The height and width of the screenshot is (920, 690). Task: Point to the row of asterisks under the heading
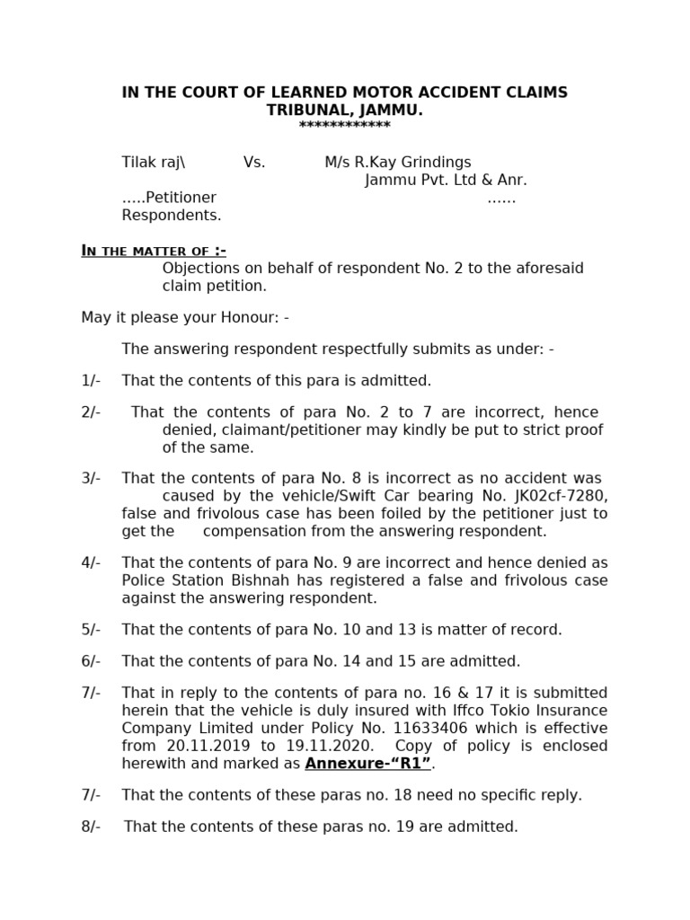click(x=345, y=125)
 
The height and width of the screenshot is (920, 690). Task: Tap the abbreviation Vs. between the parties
click(x=254, y=163)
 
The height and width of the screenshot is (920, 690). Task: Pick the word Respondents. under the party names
click(x=171, y=216)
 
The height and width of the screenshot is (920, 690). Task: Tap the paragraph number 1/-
click(x=91, y=381)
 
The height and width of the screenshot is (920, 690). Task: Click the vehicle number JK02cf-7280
click(x=562, y=496)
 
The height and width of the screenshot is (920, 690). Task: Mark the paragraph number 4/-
click(x=91, y=562)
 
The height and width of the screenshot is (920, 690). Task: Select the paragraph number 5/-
click(x=91, y=630)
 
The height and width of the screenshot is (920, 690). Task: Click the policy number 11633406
click(x=444, y=729)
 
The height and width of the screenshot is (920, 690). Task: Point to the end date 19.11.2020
click(x=314, y=747)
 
